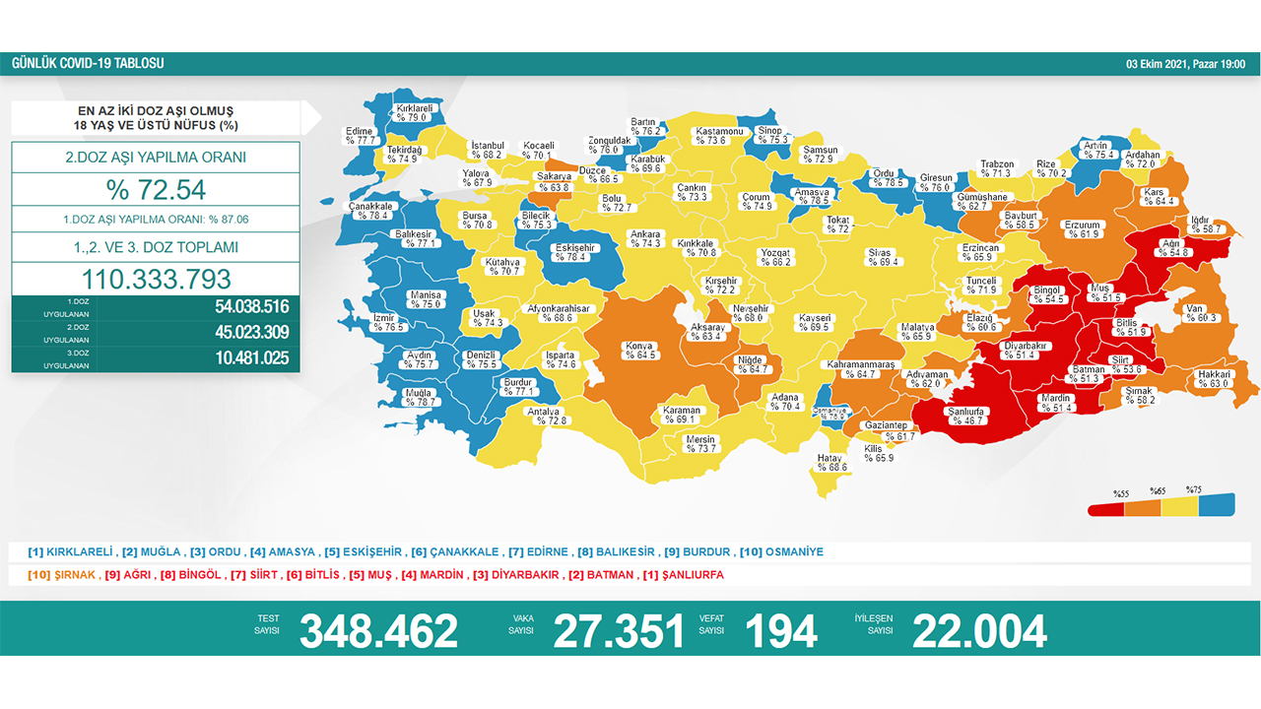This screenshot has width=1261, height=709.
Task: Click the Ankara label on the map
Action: [x=645, y=238]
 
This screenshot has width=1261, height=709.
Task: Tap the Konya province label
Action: [x=638, y=351]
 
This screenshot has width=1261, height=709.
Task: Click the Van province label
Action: [x=1196, y=313]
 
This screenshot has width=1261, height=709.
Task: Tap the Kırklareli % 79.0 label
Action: [x=415, y=111]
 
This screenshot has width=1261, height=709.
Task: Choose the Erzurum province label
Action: [x=1082, y=229]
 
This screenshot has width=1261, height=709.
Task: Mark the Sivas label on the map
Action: [x=879, y=258]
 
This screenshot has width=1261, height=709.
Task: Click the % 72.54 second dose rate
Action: [x=156, y=189]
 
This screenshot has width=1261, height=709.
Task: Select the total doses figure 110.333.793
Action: [x=156, y=279]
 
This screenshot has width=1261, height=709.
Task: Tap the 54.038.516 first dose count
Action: [x=251, y=306]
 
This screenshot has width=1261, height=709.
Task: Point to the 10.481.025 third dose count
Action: [x=251, y=358]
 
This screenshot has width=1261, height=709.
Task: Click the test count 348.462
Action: [x=378, y=631]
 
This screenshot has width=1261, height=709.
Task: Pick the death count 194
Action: [x=781, y=631]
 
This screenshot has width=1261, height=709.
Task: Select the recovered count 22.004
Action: [x=978, y=631]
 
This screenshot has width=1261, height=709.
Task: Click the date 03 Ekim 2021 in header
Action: [x=1185, y=64]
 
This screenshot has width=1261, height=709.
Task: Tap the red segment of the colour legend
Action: [x=1107, y=509]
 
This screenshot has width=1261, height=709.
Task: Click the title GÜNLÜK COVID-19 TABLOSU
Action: [x=88, y=64]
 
